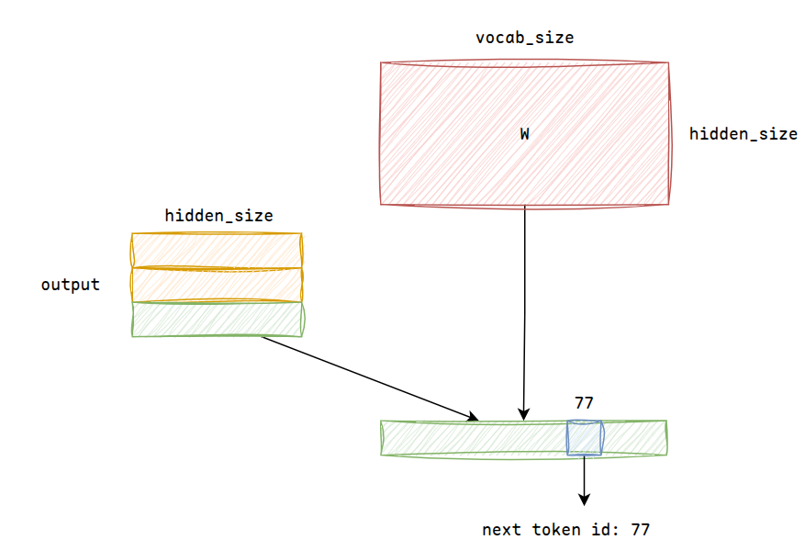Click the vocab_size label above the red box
pos(525,38)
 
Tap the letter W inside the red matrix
pos(525,134)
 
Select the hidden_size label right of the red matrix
pos(744,134)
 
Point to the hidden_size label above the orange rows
pos(218,216)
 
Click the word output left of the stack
pos(71,285)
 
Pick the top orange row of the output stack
pos(218,251)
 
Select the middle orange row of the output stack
pos(218,285)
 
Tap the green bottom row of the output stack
pos(218,320)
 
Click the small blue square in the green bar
pos(584,437)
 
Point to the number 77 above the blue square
pos(584,403)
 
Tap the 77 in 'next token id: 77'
pos(640,530)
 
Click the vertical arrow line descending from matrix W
pos(524,313)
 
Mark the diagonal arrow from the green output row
pos(370,378)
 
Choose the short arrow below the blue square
pos(584,480)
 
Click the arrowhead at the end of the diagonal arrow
pos(473,416)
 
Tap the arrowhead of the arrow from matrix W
pos(523,414)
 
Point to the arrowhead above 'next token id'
pos(584,500)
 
